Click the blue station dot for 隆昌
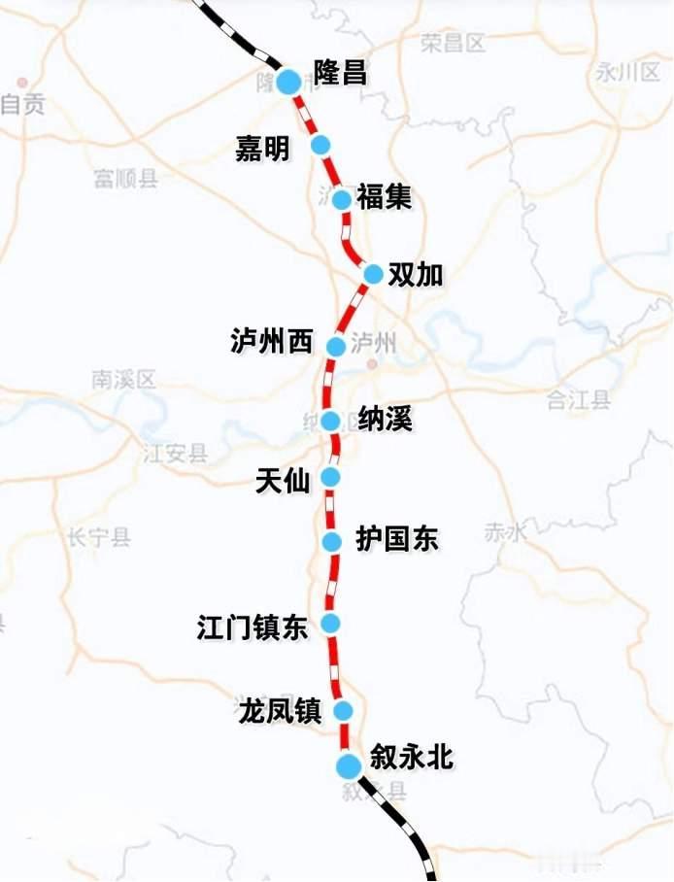click(288, 82)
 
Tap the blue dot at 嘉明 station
click(320, 145)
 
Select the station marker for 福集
click(341, 199)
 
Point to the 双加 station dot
click(373, 274)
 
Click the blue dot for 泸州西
click(336, 346)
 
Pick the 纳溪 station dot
click(330, 421)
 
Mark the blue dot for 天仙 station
click(330, 476)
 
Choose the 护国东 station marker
click(332, 541)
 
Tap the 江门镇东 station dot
click(331, 623)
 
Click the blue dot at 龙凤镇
click(343, 710)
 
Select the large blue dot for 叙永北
click(348, 766)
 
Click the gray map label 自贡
click(23, 105)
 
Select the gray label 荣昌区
click(453, 42)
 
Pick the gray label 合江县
click(578, 399)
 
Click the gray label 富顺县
click(126, 178)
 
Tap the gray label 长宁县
click(99, 537)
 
